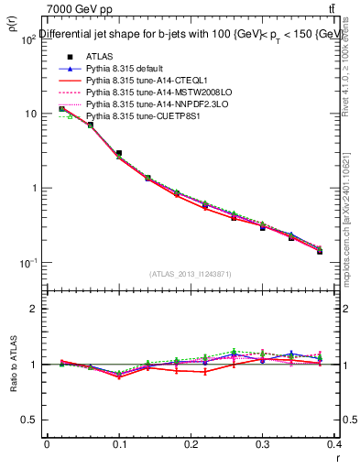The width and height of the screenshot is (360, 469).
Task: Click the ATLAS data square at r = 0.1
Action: click(x=119, y=154)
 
